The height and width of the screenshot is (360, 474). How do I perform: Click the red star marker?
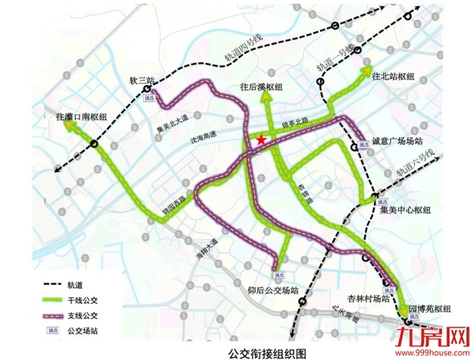(x=261, y=139)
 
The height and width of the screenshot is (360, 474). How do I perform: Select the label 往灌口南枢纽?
(x=81, y=117)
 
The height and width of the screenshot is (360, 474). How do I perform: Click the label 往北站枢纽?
(x=394, y=77)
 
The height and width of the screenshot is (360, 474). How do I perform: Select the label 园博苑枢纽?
(x=429, y=309)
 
